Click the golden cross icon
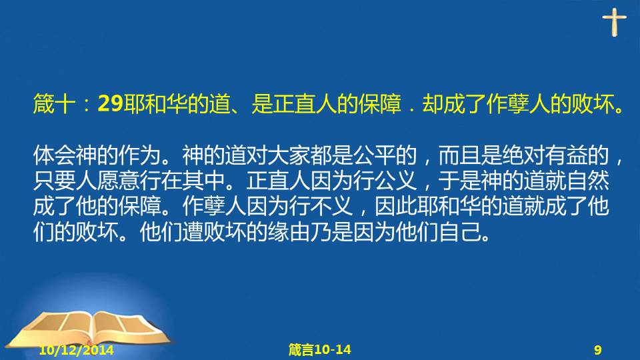tap(614, 21)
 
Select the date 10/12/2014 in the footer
tap(76, 350)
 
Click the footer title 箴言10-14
tap(319, 349)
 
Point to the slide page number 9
tap(598, 350)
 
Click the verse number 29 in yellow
tap(111, 104)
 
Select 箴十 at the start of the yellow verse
tap(54, 104)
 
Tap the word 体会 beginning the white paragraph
tap(54, 155)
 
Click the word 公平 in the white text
tap(374, 155)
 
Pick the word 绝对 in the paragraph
tap(523, 155)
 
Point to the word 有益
tap(566, 155)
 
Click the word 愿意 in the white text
tap(119, 181)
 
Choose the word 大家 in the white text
tap(289, 155)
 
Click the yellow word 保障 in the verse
tap(379, 104)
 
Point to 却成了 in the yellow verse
tap(454, 104)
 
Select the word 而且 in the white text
tap(459, 155)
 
